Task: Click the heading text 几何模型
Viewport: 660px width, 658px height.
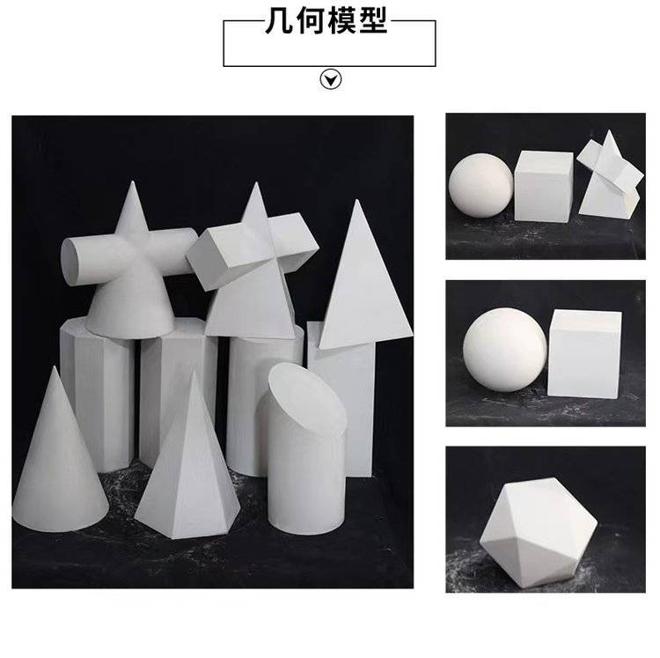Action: (326, 21)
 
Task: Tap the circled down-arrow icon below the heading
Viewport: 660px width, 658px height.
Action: (330, 79)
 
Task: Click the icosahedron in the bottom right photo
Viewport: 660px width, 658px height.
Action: (539, 533)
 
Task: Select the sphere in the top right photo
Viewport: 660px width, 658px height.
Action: (481, 186)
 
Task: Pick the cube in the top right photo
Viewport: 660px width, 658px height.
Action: (544, 186)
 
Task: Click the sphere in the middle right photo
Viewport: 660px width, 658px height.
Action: (505, 349)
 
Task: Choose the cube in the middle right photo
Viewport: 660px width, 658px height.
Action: (584, 354)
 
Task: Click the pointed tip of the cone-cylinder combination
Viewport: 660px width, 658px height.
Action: (133, 182)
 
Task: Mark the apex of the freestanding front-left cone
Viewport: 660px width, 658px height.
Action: (54, 367)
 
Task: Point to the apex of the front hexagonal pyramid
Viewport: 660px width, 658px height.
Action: (194, 372)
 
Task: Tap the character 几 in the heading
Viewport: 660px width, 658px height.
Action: (280, 21)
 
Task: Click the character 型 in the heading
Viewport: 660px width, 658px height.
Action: (372, 21)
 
